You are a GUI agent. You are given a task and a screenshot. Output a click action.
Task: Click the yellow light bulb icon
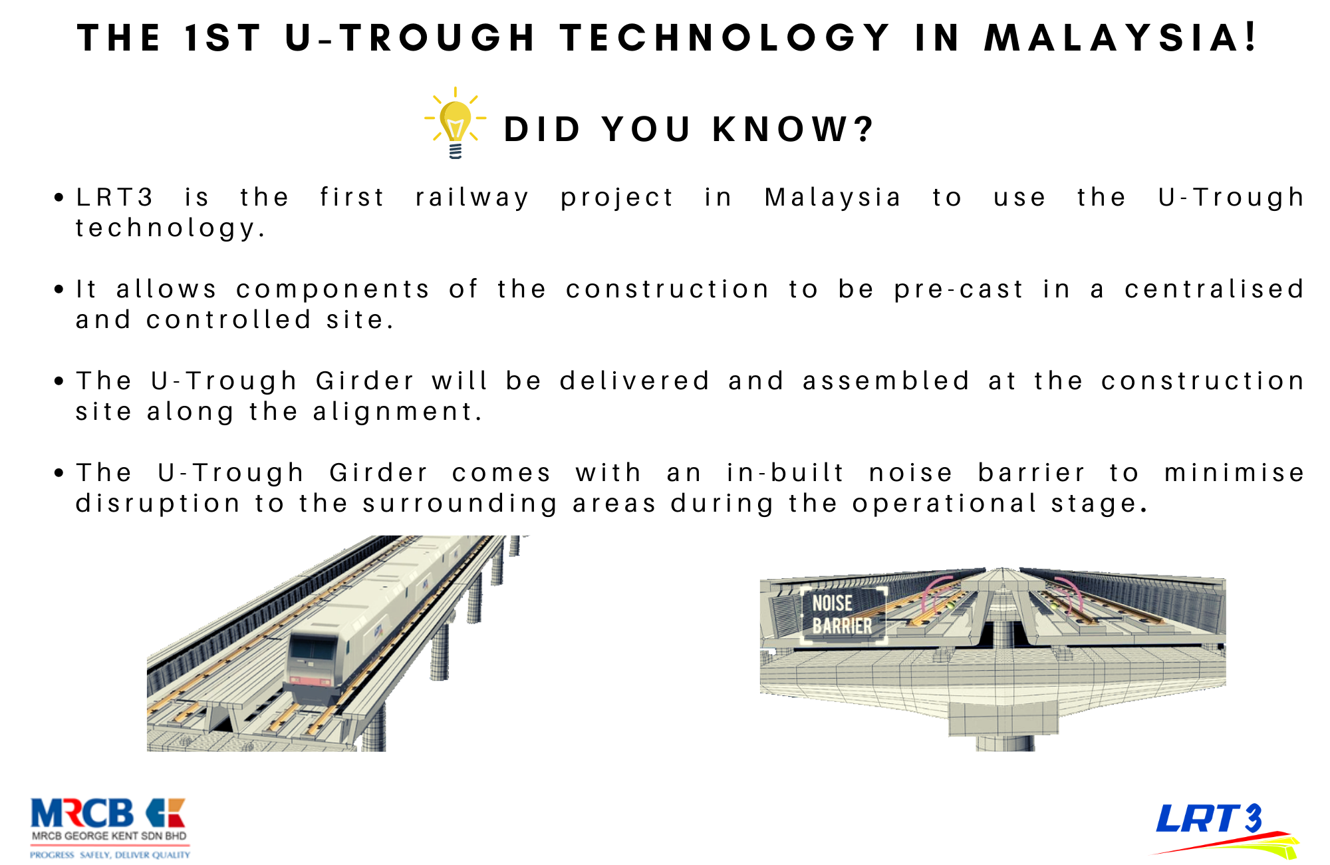pyautogui.click(x=456, y=122)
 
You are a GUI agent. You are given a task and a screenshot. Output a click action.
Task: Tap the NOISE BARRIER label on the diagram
pyautogui.click(x=842, y=615)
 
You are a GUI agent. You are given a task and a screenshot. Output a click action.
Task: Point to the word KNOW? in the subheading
pyautogui.click(x=793, y=129)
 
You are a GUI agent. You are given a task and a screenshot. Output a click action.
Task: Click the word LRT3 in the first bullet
pyautogui.click(x=114, y=198)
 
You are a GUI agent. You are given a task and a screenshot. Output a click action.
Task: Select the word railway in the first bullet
pyautogui.click(x=472, y=198)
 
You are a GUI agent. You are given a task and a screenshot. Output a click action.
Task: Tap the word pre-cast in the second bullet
pyautogui.click(x=959, y=289)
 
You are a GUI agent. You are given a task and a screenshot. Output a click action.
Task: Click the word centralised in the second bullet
pyautogui.click(x=1214, y=289)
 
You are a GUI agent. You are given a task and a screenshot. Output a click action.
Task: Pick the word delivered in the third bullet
pyautogui.click(x=635, y=381)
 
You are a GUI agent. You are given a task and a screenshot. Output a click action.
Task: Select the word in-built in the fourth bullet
pyautogui.click(x=785, y=473)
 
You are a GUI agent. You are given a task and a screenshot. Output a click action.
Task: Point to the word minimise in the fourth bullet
pyautogui.click(x=1235, y=473)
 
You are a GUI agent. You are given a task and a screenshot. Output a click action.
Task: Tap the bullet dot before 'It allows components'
pyautogui.click(x=60, y=289)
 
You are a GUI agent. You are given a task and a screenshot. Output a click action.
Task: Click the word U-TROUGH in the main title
pyautogui.click(x=410, y=37)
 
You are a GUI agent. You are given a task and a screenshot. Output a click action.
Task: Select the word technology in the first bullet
pyautogui.click(x=170, y=229)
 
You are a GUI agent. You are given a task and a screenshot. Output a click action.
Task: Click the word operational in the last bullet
pyautogui.click(x=945, y=504)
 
